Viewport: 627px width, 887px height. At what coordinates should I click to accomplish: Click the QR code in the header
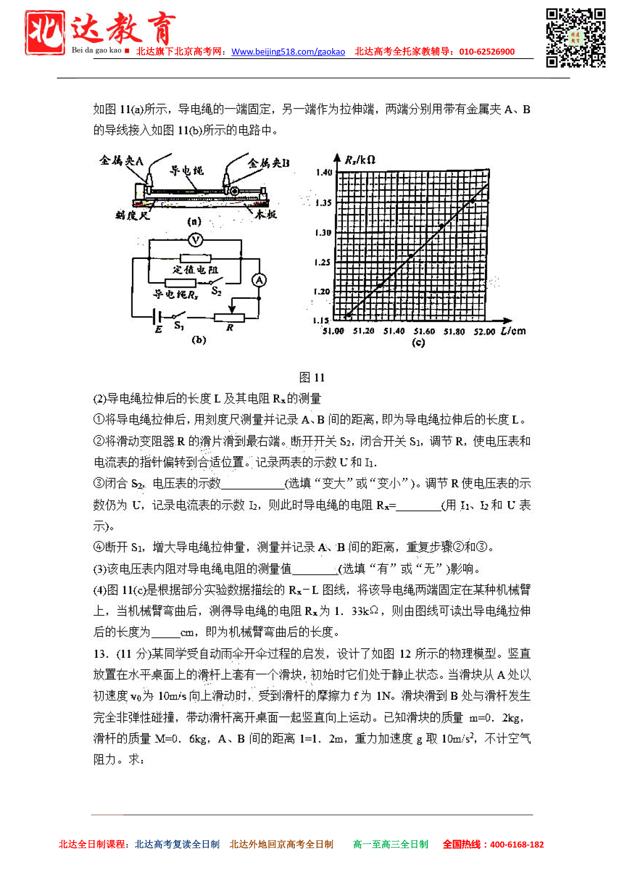[575, 38]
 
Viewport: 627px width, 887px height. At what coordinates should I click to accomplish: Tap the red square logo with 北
[45, 33]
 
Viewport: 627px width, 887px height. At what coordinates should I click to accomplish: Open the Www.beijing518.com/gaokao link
[288, 52]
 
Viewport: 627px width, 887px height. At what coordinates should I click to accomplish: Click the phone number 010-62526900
[486, 52]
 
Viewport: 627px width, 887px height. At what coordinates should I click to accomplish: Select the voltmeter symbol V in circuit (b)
[195, 240]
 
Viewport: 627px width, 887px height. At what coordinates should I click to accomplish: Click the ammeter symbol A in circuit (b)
[259, 280]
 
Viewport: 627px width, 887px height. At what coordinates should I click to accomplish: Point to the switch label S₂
[216, 291]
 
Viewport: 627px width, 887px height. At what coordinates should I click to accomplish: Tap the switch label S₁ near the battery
[178, 326]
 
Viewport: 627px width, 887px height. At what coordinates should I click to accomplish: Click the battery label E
[159, 330]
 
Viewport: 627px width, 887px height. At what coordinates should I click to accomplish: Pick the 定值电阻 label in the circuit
[195, 270]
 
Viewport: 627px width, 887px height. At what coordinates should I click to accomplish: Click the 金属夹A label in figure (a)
[121, 161]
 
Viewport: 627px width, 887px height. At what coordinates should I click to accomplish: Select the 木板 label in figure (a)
[265, 214]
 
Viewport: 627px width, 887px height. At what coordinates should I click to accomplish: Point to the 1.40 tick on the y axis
[324, 172]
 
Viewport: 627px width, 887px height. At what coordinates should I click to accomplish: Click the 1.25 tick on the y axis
[322, 262]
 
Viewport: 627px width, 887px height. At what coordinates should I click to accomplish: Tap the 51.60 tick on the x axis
[424, 331]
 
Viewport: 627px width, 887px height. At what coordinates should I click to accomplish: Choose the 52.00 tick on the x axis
[484, 332]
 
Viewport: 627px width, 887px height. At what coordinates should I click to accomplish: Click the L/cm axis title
[513, 331]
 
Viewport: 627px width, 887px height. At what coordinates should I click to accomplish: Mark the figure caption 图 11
[312, 377]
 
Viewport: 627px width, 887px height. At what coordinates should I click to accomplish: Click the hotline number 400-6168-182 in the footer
[517, 845]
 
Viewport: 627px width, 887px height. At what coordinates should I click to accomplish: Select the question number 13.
[100, 654]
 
